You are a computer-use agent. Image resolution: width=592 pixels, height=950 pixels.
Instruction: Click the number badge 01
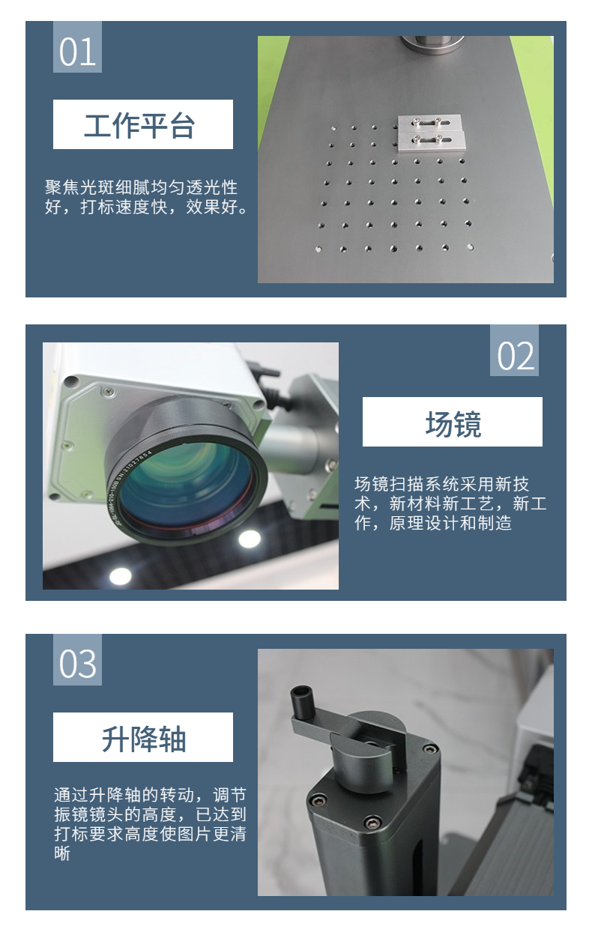pos(77,47)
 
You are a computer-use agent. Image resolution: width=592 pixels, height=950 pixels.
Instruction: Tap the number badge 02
pos(514,351)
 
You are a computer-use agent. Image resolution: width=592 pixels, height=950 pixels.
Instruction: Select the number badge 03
pos(77,659)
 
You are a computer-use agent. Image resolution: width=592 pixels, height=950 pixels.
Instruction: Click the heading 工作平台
pos(139,126)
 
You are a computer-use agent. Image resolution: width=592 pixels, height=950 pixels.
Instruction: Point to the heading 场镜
pos(453,423)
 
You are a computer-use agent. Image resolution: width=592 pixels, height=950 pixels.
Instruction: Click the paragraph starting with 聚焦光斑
pos(147,197)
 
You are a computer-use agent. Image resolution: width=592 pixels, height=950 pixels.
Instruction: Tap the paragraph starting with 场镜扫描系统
pos(450,503)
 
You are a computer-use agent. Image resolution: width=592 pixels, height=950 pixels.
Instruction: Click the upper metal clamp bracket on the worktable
pos(429,123)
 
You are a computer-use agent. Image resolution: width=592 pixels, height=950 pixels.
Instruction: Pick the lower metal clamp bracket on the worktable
pos(431,140)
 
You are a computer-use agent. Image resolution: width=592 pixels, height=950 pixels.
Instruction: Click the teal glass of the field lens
pos(187,483)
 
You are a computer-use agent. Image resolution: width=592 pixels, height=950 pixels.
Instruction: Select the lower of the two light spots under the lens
pos(121,575)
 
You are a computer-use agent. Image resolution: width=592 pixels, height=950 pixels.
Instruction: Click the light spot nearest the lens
pos(250,539)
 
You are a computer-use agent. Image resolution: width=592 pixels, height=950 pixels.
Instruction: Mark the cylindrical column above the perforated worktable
pos(432,43)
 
